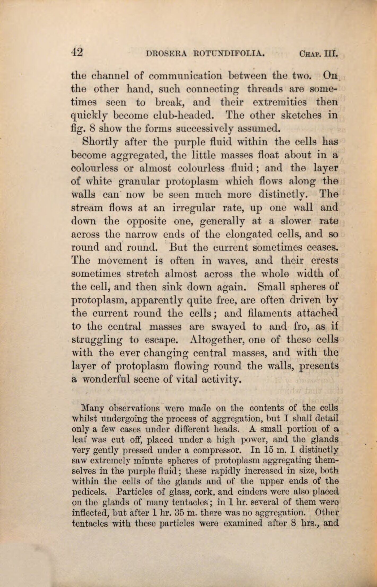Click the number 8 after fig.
pyautogui.click(x=92, y=129)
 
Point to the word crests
pyautogui.click(x=325, y=261)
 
